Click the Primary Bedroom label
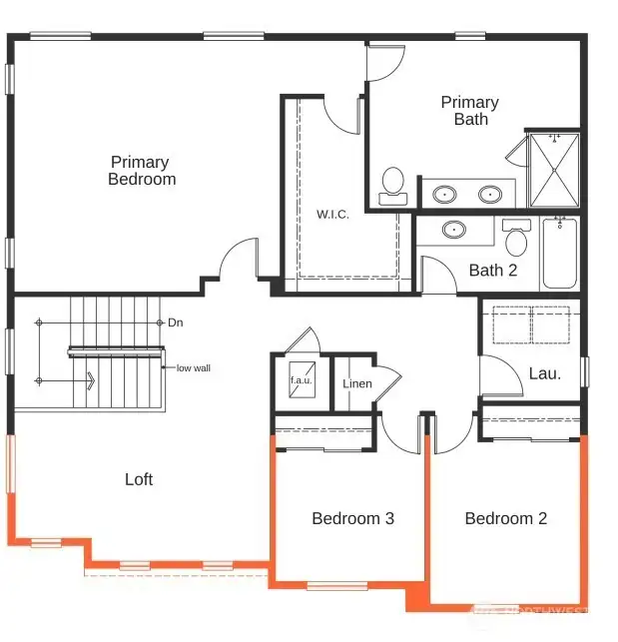[x=142, y=171]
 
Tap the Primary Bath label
[x=469, y=111]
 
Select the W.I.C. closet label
[x=333, y=215]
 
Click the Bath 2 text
[x=492, y=270]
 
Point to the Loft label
[x=139, y=479]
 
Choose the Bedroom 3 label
[x=352, y=518]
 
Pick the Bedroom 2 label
[x=505, y=518]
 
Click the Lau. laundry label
[x=544, y=374]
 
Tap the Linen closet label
[x=356, y=384]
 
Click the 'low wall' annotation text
[x=194, y=368]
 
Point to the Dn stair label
[x=176, y=322]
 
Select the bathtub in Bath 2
[x=558, y=254]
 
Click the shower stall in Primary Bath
[x=553, y=170]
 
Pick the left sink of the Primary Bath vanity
[x=444, y=193]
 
